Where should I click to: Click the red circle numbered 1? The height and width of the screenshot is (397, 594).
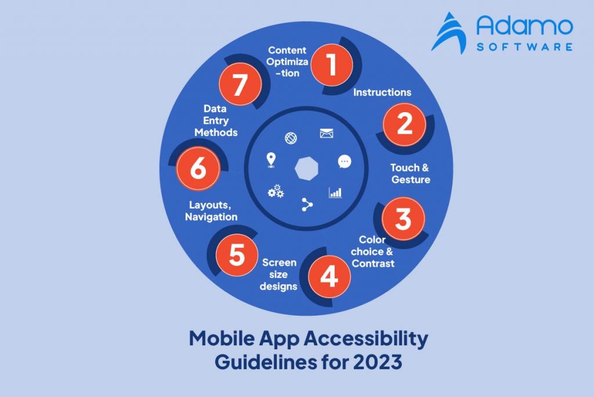click(331, 64)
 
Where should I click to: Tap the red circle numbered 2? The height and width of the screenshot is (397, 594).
click(404, 124)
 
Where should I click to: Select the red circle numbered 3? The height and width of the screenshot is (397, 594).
click(403, 219)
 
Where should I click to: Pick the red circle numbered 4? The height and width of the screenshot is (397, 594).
click(329, 277)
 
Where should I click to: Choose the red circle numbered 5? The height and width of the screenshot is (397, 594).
click(237, 255)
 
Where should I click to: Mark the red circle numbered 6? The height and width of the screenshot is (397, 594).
click(198, 169)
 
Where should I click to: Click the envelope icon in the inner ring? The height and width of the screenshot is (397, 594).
click(327, 134)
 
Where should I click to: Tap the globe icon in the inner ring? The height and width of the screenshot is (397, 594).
click(291, 138)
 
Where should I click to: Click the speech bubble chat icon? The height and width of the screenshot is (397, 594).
click(345, 162)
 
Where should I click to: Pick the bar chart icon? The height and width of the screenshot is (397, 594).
click(335, 192)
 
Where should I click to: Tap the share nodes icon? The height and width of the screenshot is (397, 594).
click(307, 204)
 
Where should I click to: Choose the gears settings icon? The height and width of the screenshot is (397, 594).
click(276, 191)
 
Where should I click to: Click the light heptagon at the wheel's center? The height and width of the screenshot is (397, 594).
click(307, 169)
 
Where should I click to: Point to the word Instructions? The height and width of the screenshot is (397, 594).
click(382, 92)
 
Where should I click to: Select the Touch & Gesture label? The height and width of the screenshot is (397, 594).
click(410, 174)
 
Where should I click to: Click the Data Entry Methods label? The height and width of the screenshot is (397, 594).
click(216, 121)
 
